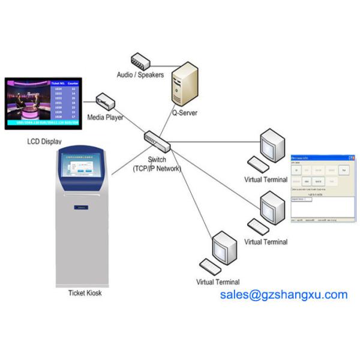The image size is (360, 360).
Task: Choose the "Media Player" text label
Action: pos(106,118)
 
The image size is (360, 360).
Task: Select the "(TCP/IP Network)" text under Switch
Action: pos(157,169)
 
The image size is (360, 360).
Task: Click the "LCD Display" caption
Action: pos(44,142)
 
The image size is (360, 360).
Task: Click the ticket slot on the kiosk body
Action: pos(81,208)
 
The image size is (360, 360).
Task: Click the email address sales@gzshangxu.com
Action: pos(283,295)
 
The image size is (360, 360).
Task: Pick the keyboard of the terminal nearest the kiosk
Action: pos(211,267)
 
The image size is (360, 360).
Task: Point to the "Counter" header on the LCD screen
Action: pos(73,84)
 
